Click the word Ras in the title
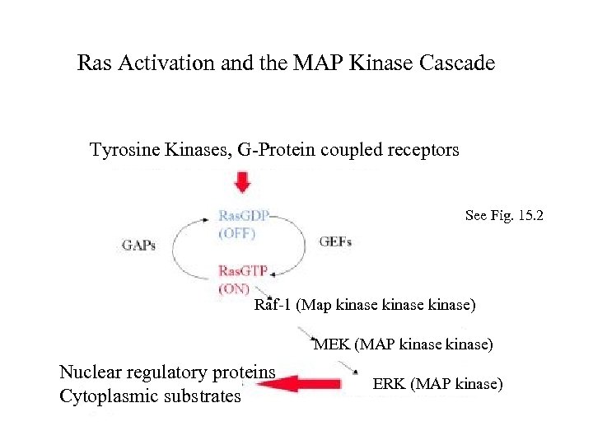point(92,63)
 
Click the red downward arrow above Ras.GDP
point(242,182)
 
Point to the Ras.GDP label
point(243,216)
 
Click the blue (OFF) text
point(237,232)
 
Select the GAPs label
point(138,245)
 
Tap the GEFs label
point(335,241)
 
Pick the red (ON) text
point(235,288)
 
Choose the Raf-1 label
point(273,305)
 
